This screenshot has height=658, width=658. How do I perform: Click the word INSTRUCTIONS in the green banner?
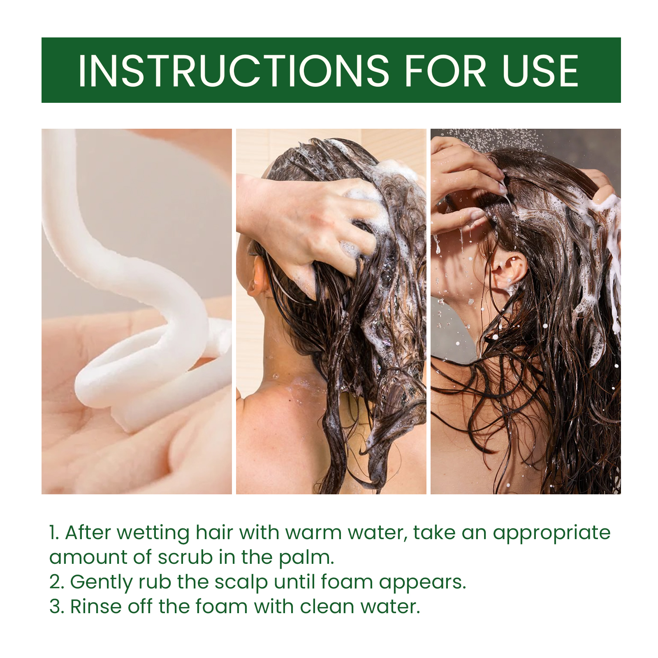(x=234, y=71)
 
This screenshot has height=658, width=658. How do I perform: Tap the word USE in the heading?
(x=540, y=71)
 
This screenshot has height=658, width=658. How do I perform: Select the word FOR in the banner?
(x=446, y=71)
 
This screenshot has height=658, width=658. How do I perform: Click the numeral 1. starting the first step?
(x=54, y=533)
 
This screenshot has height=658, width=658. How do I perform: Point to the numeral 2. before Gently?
(x=57, y=582)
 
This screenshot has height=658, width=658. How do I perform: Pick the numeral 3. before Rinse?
(x=57, y=607)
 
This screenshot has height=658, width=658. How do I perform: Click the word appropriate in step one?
(x=552, y=534)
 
